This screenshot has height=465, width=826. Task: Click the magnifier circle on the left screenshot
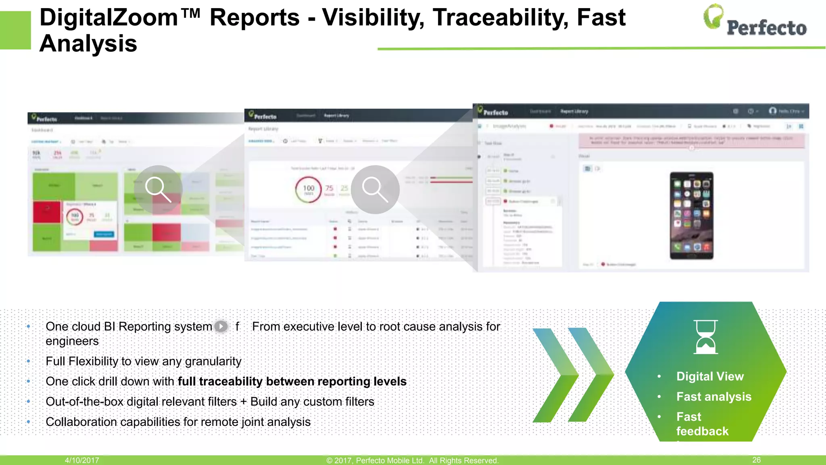pyautogui.click(x=158, y=189)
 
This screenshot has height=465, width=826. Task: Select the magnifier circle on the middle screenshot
pyautogui.click(x=375, y=189)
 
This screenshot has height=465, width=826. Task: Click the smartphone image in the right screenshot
pyautogui.click(x=691, y=216)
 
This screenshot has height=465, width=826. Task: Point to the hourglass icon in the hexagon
pyautogui.click(x=705, y=337)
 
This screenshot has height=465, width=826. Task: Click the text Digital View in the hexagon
pyautogui.click(x=710, y=376)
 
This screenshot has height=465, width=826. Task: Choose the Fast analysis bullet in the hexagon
pyautogui.click(x=714, y=396)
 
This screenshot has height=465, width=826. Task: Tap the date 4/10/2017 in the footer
pyautogui.click(x=82, y=460)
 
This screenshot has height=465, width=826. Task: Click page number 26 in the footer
pyautogui.click(x=757, y=460)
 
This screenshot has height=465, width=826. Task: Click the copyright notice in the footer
pyautogui.click(x=412, y=461)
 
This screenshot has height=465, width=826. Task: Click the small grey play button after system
pyautogui.click(x=221, y=326)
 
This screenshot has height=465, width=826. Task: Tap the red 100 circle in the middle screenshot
pyautogui.click(x=308, y=189)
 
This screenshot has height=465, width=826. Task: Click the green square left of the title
pyautogui.click(x=15, y=30)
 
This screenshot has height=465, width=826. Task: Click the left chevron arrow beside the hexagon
pyautogui.click(x=555, y=375)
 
